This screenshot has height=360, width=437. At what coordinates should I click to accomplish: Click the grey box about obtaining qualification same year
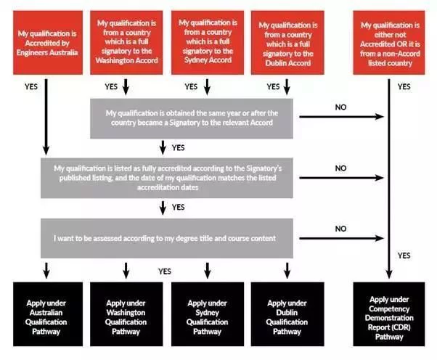tap(192, 118)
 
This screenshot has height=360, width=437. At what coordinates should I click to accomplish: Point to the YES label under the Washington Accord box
tap(111, 86)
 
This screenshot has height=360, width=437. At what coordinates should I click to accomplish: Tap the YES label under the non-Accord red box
tap(404, 86)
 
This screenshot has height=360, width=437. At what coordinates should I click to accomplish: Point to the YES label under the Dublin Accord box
tap(273, 86)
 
